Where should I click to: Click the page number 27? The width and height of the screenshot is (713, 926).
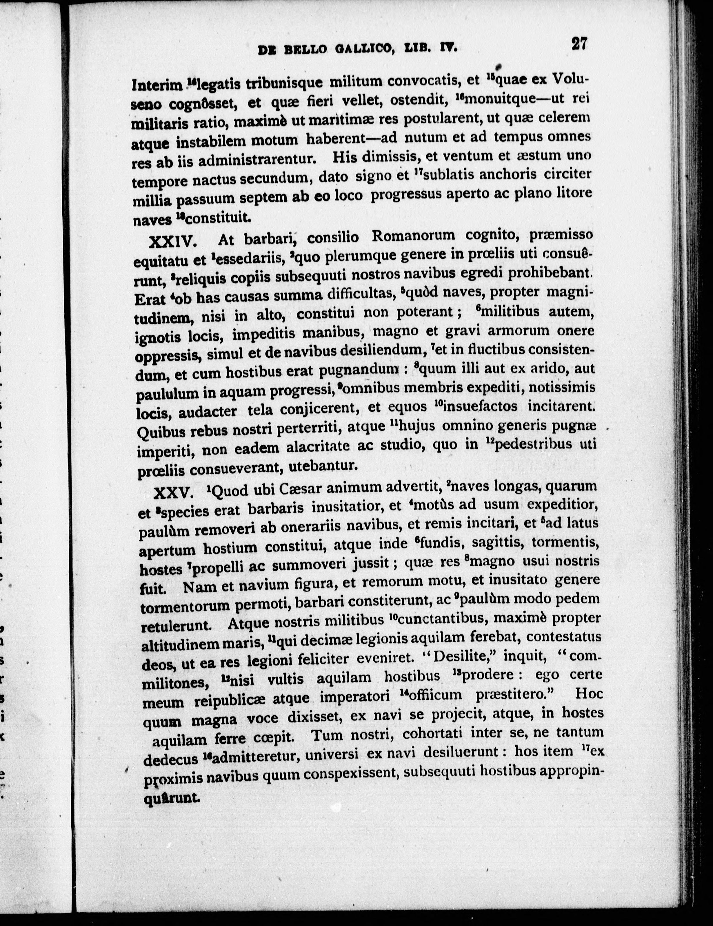click(x=578, y=44)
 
